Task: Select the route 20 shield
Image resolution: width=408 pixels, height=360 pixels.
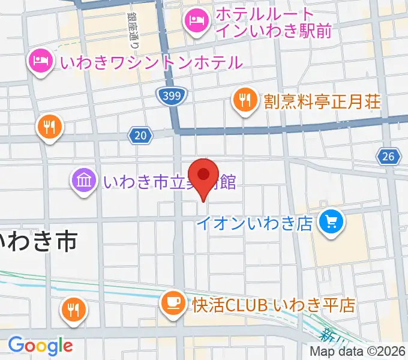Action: [x=140, y=136]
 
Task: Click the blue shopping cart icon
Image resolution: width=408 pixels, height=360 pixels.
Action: [x=331, y=224]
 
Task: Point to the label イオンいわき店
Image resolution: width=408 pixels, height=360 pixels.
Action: [x=256, y=224]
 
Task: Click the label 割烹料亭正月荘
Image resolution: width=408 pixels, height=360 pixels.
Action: [x=322, y=101]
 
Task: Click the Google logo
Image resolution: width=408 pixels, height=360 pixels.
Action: [x=40, y=345]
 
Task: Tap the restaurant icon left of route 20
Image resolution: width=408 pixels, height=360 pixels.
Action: [x=49, y=127]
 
